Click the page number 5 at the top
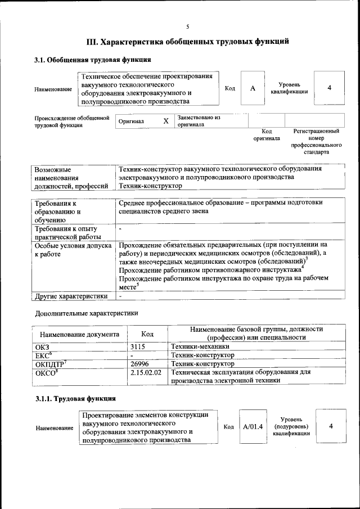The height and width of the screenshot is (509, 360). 187,26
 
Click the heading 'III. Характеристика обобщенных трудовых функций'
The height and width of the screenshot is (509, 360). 188,42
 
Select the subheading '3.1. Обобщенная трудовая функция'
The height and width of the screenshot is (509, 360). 93,60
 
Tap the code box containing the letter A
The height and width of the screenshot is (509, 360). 253,88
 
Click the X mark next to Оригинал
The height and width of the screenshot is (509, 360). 165,121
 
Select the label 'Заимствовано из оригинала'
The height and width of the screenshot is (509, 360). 199,121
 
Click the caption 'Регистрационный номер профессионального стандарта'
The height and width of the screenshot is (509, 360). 316,141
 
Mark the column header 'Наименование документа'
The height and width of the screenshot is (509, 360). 79,334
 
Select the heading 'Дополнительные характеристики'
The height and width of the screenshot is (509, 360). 86,313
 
